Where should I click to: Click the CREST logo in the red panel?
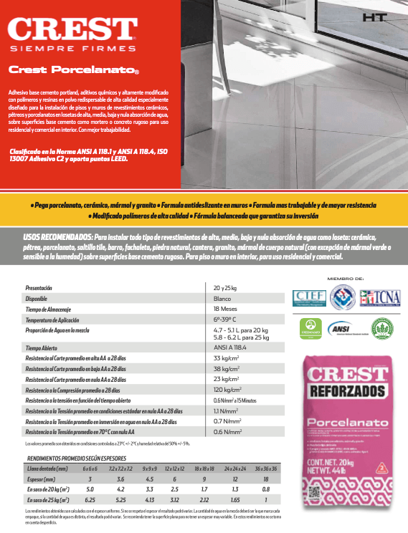click(x=72, y=30)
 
